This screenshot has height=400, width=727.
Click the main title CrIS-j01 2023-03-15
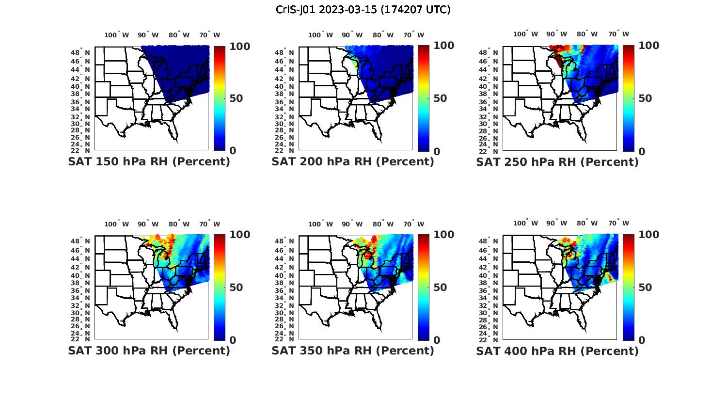[363, 9]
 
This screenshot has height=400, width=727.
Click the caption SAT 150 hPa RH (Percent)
[149, 161]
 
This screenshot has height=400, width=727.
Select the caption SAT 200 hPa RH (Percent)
[353, 161]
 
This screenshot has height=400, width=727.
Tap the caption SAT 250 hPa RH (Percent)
[557, 162]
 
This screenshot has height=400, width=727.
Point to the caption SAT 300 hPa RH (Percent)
[149, 351]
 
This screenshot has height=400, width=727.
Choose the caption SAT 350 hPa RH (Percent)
[353, 351]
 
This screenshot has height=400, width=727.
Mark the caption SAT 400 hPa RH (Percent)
[557, 351]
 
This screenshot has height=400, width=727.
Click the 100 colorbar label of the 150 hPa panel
[239, 46]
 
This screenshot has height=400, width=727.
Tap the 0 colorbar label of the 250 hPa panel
[642, 151]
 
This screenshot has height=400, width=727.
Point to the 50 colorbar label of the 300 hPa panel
[236, 288]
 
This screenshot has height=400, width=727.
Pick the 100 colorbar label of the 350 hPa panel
[443, 235]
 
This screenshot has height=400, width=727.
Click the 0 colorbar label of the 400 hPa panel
[642, 340]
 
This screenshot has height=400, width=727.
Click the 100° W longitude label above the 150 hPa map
[117, 35]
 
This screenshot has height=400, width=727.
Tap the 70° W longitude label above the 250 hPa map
[618, 34]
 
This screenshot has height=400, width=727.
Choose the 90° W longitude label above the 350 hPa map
[352, 224]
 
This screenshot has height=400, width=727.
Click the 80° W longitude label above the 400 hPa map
[587, 223]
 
